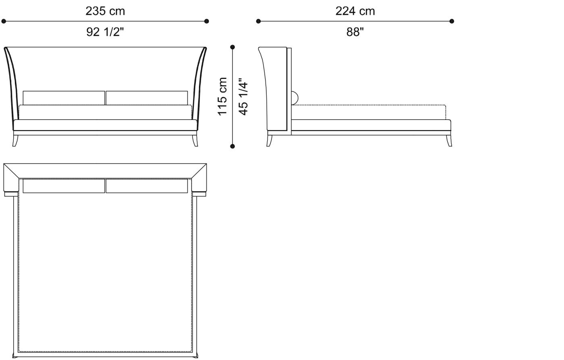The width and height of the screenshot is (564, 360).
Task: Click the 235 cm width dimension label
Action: click(x=105, y=11)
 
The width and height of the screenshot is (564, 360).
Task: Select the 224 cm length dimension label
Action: click(x=355, y=11)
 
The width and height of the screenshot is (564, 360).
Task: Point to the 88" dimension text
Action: click(x=355, y=32)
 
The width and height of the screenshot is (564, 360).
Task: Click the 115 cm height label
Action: click(x=223, y=96)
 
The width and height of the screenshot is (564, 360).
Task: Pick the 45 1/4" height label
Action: click(x=243, y=97)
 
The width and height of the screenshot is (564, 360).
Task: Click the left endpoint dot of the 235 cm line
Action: click(x=4, y=21)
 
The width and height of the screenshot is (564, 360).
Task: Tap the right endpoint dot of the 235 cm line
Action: click(x=207, y=21)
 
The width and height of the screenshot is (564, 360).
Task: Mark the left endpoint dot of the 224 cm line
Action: click(x=258, y=21)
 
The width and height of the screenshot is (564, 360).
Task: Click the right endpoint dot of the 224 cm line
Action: click(x=452, y=21)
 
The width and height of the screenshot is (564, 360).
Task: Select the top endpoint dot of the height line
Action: click(x=232, y=47)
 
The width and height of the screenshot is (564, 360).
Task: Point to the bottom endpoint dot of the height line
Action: click(x=232, y=146)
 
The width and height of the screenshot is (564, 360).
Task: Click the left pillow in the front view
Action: click(x=64, y=98)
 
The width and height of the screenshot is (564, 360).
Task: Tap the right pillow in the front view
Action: click(x=147, y=98)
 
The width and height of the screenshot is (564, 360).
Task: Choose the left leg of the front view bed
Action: click(x=16, y=141)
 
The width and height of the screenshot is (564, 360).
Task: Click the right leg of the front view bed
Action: click(x=195, y=141)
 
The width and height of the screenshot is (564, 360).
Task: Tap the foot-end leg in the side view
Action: click(x=448, y=141)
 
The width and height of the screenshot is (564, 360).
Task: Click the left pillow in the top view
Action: click(x=64, y=186)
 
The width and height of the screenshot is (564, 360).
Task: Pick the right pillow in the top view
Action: click(x=147, y=186)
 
